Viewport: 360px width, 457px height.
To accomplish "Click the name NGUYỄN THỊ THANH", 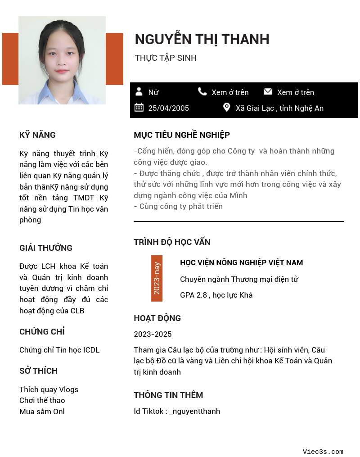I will pos(202,40).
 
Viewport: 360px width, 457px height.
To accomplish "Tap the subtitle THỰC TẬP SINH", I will pos(166,58).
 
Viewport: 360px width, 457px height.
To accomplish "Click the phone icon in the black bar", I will pos(202,92).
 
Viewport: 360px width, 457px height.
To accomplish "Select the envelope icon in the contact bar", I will pos(268,92).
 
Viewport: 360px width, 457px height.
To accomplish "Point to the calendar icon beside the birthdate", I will pos(139,108).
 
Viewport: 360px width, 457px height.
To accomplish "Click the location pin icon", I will pos(227,108).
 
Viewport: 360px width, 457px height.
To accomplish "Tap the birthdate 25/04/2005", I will pos(169,108).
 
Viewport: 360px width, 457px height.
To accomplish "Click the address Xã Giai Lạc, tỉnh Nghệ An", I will pos(279,108).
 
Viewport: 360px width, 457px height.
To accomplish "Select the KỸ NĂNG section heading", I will pos(37,135).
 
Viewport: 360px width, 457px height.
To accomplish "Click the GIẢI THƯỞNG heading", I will pos(46,248).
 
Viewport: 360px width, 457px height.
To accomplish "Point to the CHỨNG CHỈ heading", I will pos(42,332).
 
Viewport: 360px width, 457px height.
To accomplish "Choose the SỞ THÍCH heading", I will pos(38,371).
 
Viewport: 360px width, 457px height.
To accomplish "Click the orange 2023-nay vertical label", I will pos(157,278).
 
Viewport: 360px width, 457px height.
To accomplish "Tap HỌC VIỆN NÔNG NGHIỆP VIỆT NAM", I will pos(241,262).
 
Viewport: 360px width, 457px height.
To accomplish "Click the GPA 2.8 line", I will pos(216,295).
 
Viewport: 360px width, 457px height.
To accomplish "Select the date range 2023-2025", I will pos(153,334).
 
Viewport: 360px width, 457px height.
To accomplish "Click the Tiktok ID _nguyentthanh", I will pos(194,411).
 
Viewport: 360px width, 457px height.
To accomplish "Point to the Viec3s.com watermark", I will pos(323,452).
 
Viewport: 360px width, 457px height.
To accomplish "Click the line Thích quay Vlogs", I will pos(49,389).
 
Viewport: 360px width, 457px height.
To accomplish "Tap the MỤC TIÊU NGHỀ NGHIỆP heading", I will pos(182,135).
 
